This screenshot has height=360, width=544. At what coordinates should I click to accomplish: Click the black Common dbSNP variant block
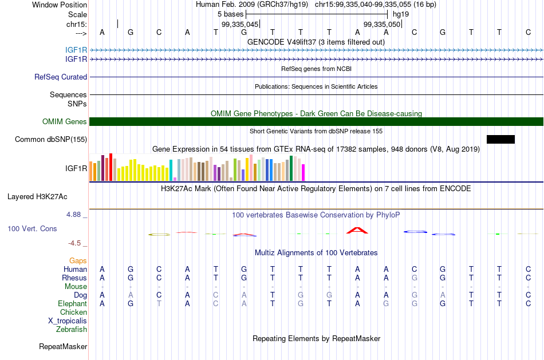(500, 140)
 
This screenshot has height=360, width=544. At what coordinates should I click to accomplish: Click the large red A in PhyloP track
(357, 230)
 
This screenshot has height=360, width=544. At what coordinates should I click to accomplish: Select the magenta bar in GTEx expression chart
(303, 172)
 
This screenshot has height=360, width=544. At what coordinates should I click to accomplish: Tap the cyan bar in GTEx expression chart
(171, 171)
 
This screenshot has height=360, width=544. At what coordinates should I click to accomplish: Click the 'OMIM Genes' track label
(65, 122)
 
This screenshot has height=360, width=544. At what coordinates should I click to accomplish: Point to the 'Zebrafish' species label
(72, 330)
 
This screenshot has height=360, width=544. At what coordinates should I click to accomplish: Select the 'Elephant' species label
(73, 304)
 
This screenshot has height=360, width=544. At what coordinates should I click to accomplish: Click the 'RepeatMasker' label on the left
(63, 346)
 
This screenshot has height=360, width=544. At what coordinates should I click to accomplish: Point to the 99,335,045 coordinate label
(240, 24)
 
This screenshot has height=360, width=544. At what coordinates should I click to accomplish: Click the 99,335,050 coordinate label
(382, 24)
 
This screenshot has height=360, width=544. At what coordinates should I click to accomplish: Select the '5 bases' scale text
(231, 14)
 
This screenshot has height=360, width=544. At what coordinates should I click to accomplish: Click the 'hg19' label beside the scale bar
(401, 14)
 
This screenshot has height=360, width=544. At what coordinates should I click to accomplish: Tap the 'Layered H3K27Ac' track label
(37, 197)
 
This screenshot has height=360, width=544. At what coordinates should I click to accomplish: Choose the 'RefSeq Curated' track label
(61, 77)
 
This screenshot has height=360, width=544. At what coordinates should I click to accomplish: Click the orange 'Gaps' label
(78, 261)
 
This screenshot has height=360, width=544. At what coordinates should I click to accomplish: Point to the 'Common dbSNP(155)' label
(51, 140)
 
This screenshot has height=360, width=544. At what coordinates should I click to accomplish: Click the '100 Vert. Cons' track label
(32, 228)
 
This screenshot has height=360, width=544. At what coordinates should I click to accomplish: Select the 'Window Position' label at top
(60, 5)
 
